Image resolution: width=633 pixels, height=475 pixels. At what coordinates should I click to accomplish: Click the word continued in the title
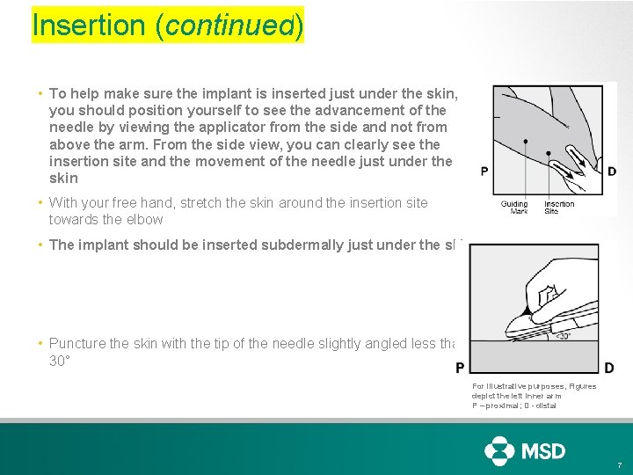coord(229,26)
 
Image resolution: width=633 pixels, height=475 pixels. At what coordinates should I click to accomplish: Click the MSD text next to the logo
coord(544,451)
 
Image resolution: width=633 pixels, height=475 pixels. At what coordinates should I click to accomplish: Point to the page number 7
coord(619,464)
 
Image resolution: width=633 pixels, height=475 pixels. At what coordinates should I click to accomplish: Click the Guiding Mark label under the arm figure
coord(514,208)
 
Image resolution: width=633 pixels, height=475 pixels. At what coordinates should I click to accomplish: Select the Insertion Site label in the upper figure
coord(558,208)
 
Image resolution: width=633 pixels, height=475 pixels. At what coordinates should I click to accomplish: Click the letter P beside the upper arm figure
coord(484,172)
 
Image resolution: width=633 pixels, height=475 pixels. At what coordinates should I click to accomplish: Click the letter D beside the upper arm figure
coord(612,172)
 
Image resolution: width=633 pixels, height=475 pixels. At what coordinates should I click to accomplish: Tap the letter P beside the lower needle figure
coord(459,368)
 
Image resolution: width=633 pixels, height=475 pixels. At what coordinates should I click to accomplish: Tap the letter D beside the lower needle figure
coord(609,368)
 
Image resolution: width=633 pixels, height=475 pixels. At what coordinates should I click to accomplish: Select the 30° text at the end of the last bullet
coord(60,361)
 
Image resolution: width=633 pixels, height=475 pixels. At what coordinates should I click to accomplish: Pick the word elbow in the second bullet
coord(144,219)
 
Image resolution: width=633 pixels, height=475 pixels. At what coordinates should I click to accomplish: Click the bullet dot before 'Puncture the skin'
coord(41,344)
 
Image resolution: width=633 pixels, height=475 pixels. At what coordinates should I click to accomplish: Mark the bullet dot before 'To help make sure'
coord(41,93)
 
